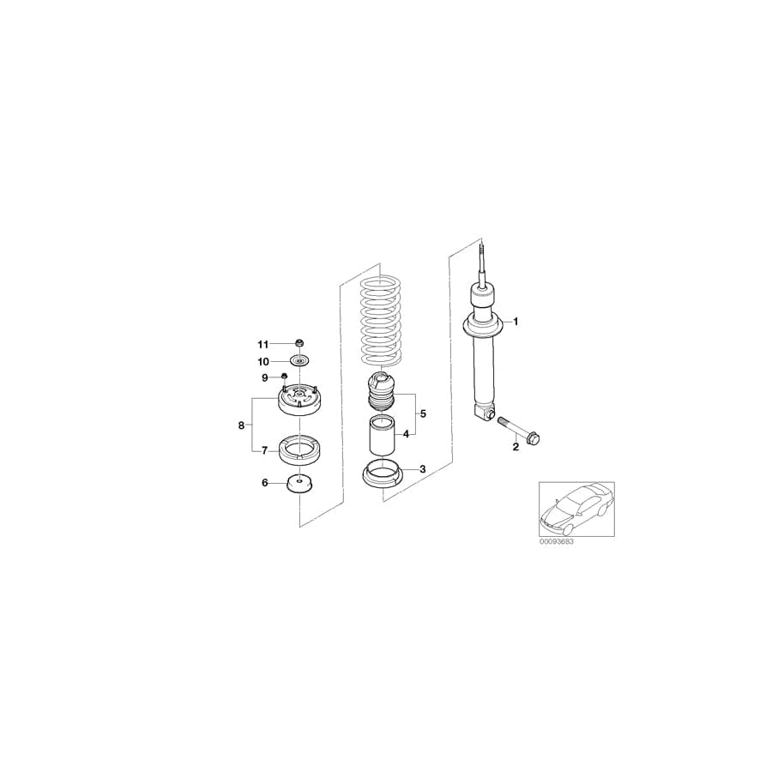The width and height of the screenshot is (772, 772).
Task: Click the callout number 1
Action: tap(516, 322)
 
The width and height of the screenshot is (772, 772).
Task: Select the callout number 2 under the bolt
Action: tap(516, 446)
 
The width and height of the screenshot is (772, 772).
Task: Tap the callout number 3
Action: tap(422, 469)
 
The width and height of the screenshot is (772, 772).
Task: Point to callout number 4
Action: tap(406, 433)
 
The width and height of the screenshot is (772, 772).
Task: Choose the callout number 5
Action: tap(422, 413)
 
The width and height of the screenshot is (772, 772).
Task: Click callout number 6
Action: tap(265, 483)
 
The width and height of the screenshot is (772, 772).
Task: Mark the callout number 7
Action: tap(265, 449)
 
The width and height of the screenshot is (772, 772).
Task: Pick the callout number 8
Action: tap(241, 425)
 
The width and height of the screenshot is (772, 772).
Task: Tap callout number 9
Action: tap(265, 377)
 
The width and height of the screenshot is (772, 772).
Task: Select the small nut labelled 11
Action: tap(299, 344)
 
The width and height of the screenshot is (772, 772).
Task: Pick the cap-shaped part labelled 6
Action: tap(299, 483)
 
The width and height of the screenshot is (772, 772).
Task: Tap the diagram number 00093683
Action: tap(558, 542)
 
